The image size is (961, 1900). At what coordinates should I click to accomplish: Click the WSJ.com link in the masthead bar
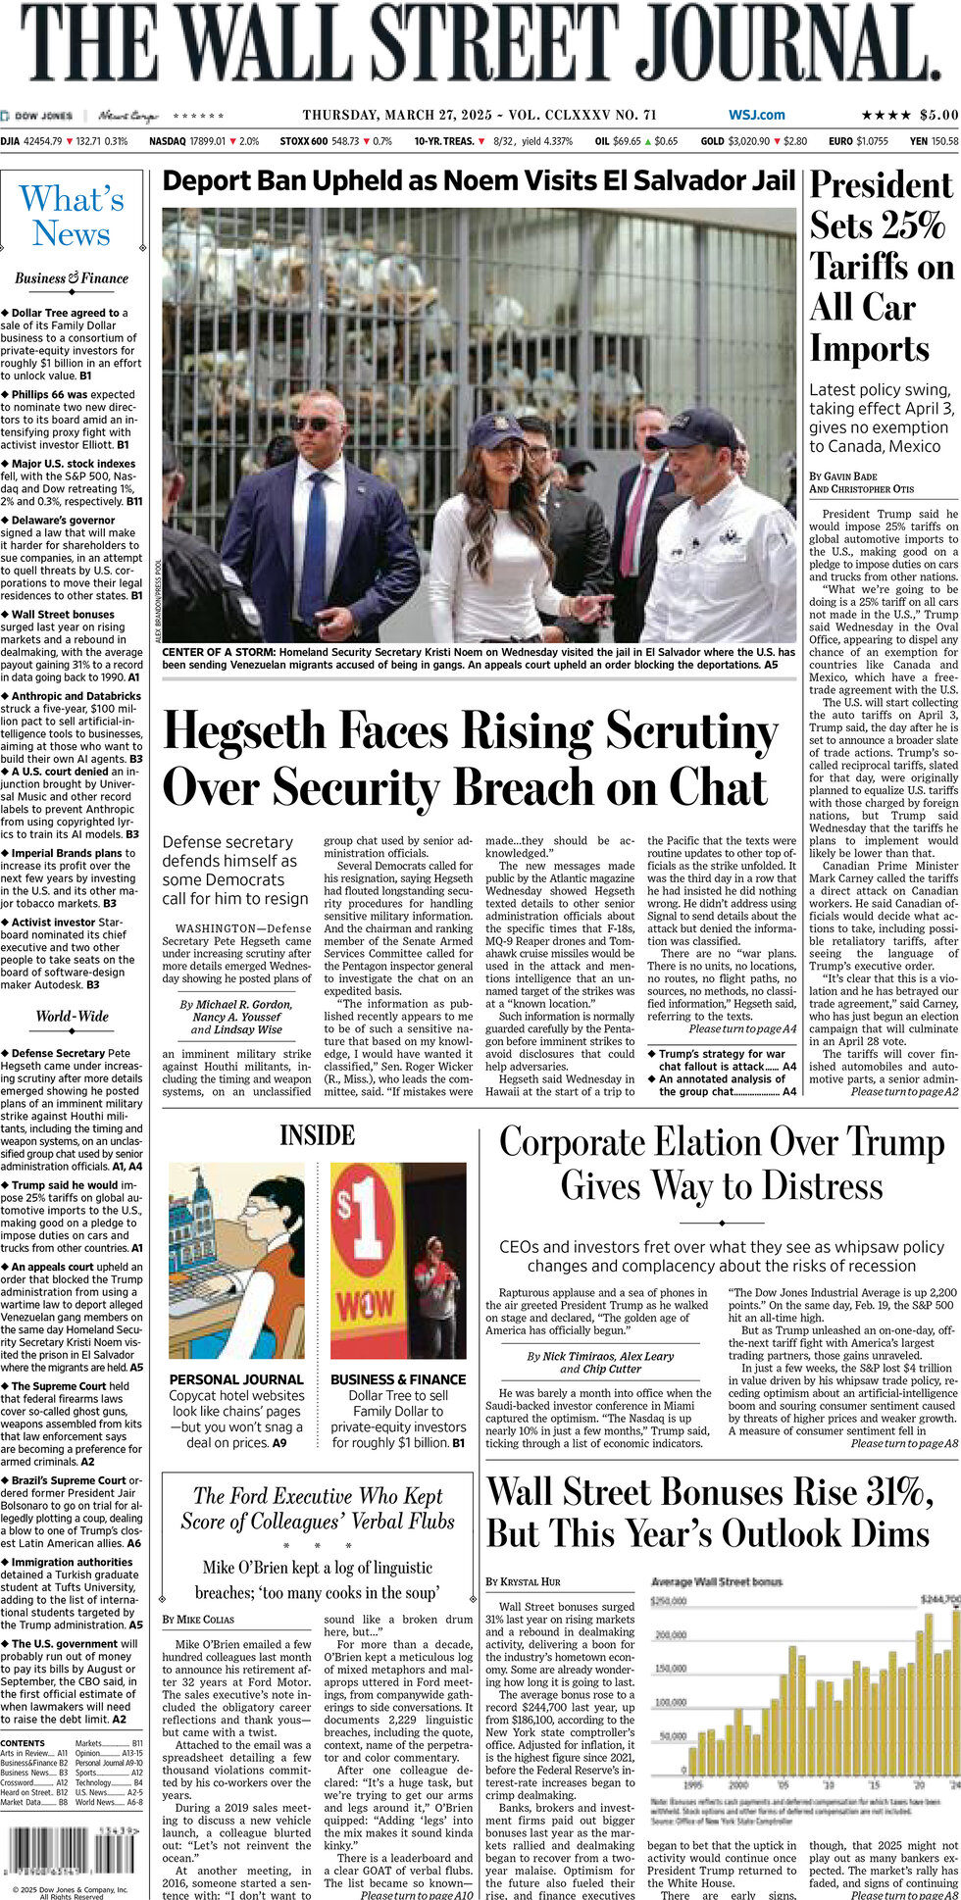tap(756, 116)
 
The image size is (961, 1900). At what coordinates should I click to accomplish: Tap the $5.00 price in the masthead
tap(938, 116)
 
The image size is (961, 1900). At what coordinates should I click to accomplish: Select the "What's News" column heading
tap(72, 217)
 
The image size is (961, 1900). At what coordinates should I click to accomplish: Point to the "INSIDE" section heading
tap(317, 1135)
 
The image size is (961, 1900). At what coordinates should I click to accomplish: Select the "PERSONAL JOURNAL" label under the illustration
tap(236, 1378)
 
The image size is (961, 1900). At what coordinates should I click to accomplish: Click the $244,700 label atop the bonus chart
tap(939, 1599)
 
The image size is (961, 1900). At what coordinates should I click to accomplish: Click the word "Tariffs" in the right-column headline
tap(882, 268)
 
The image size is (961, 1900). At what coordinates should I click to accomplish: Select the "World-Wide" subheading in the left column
tap(72, 1017)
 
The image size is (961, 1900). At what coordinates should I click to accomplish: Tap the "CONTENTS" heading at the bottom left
tap(23, 1743)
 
